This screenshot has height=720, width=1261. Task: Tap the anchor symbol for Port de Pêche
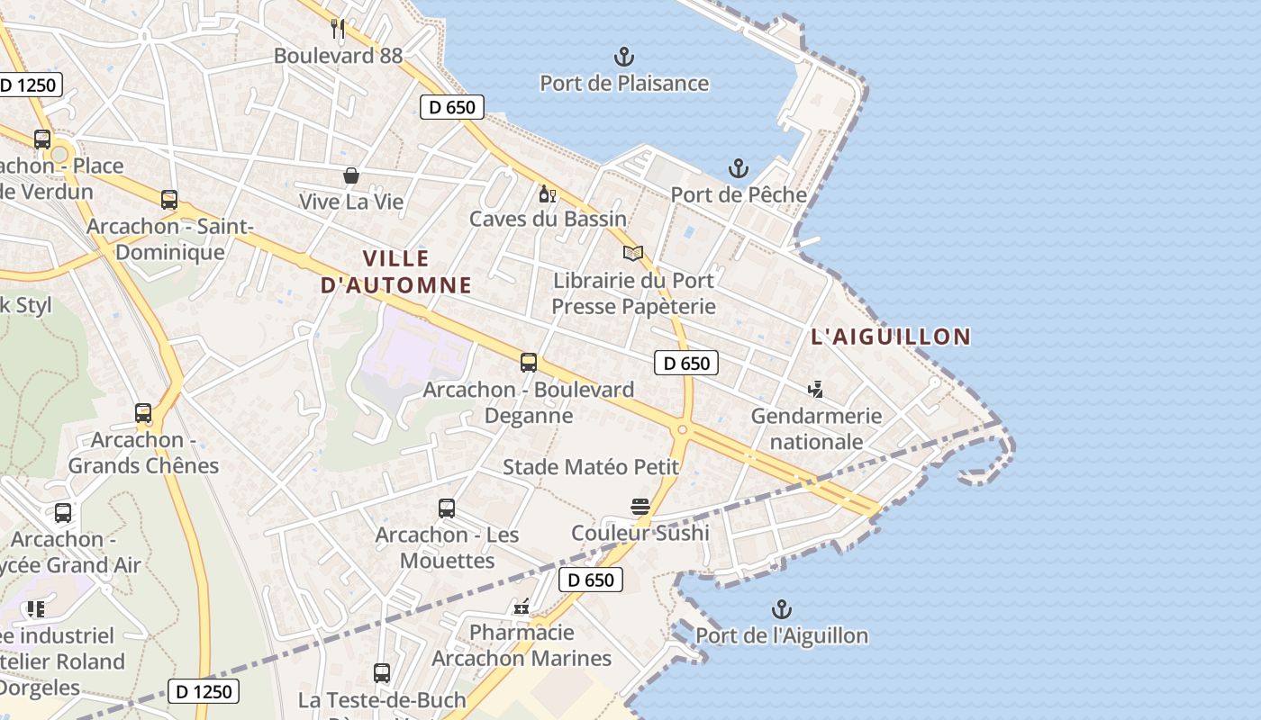pos(739,168)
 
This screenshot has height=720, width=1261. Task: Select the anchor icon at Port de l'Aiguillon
pos(782,609)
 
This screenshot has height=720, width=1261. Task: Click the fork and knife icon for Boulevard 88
pos(338,29)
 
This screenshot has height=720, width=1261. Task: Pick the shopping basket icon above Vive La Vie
pos(351,175)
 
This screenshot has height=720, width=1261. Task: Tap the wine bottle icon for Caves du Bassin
pos(546,193)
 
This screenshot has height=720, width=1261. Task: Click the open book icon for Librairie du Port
pos(633,254)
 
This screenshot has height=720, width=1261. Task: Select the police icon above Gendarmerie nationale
pos(816,390)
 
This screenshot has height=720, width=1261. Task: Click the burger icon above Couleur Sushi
pos(640,507)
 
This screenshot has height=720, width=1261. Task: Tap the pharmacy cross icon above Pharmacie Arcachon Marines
pos(522,607)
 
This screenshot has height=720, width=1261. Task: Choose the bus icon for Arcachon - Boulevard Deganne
pos(529,363)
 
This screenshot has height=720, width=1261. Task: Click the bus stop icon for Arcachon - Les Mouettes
pos(447,508)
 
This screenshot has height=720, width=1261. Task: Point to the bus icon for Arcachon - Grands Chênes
pos(143,413)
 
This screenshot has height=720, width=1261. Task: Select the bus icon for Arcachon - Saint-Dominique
pos(169,200)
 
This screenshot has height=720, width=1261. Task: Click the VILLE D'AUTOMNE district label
pos(396,272)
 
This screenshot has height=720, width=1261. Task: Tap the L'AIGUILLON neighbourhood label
pos(891,337)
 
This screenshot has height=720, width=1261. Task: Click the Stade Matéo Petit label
pos(591,467)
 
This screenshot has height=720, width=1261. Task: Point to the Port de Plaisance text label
pos(624,84)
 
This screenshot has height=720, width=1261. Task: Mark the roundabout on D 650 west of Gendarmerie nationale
pos(682,430)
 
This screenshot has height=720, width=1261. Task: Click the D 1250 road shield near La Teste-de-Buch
pos(204,691)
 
